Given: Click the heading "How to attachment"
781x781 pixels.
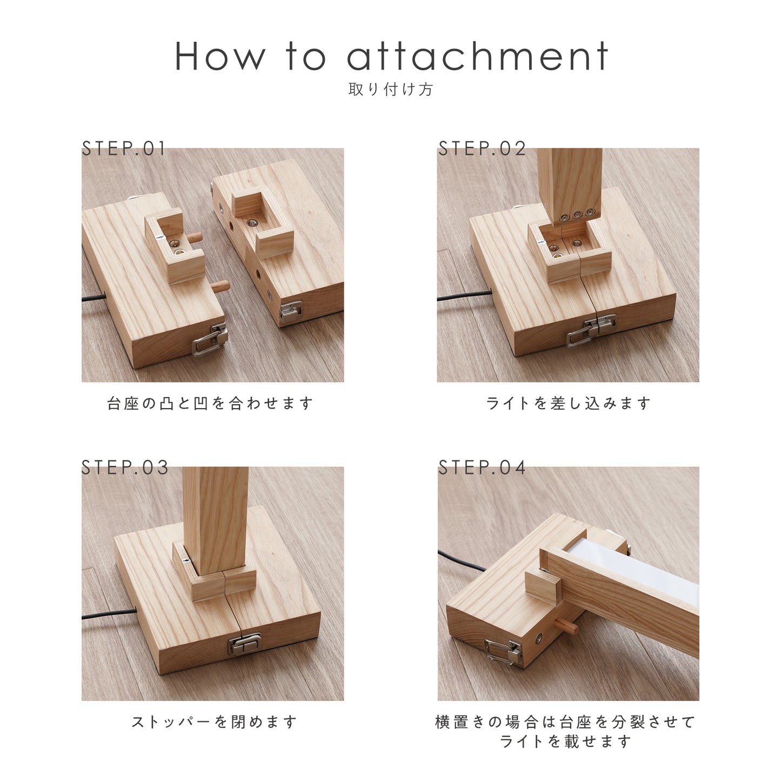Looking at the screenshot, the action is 391,56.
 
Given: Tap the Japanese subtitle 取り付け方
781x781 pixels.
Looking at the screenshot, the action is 391,89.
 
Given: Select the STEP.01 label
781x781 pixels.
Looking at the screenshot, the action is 124,149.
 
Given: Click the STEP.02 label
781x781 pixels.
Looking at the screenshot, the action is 482,149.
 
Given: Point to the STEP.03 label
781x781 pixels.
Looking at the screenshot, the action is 125,468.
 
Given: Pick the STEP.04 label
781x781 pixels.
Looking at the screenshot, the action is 482,468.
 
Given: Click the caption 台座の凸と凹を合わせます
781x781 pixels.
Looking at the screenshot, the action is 210,403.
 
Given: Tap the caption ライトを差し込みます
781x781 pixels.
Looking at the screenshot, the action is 568,403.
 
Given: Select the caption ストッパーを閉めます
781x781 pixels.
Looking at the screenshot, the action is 214,722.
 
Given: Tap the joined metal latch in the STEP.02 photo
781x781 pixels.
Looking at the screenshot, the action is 592,329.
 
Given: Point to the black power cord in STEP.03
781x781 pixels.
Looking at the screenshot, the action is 109,613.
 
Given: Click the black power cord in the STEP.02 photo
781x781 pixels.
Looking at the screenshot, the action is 464,295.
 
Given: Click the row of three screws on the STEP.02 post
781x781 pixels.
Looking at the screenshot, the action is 576,215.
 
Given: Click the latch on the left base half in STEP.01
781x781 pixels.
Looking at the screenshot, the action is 210,340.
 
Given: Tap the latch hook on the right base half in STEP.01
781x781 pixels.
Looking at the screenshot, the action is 291,311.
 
